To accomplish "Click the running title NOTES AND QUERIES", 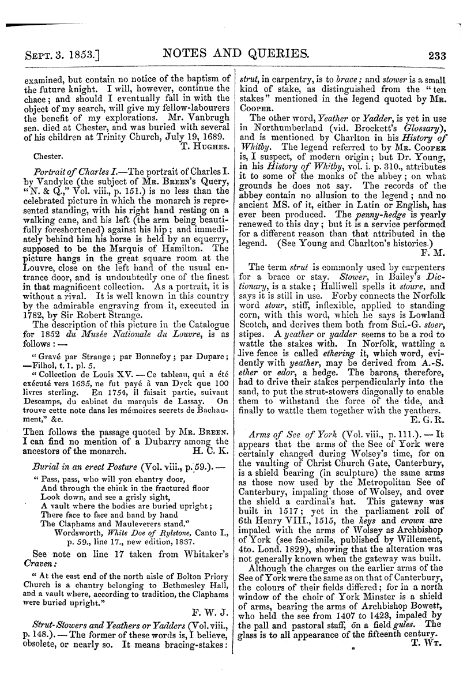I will [236, 55].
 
